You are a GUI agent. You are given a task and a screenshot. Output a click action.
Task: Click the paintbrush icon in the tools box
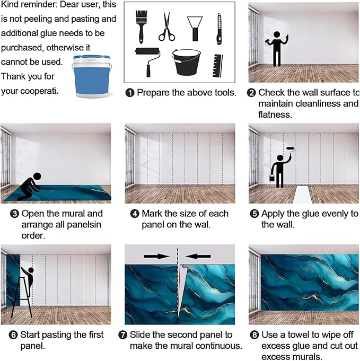pos(141,27)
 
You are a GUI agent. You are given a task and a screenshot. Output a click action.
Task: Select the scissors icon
pos(166,27)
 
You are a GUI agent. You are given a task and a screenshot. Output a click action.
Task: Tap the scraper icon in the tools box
pos(195,29)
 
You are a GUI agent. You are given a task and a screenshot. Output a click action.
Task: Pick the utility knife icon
pos(219,29)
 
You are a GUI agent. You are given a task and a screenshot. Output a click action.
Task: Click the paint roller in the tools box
pos(148,61)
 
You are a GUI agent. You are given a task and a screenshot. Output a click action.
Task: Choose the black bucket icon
pos(186,62)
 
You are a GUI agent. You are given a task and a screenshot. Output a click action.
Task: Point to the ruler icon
pos(217,66)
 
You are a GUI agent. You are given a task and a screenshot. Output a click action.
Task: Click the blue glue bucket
pos(92,76)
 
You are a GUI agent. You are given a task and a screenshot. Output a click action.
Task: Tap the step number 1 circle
pos(130,93)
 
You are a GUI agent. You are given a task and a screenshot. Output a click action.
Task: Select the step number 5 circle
pos(254,214)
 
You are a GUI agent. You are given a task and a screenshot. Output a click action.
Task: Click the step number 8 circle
pos(254,334)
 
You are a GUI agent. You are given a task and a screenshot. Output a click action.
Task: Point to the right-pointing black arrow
pos(157,256)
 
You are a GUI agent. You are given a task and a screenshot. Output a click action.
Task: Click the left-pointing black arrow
pos(198,256)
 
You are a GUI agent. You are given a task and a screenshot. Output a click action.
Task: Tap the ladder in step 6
pos(22,297)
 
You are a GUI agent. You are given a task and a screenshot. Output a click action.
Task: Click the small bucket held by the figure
pos(272,177)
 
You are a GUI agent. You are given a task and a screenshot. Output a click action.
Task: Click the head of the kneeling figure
pos(37,177)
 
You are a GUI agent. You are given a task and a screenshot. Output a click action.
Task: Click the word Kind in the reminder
pos(10,4)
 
